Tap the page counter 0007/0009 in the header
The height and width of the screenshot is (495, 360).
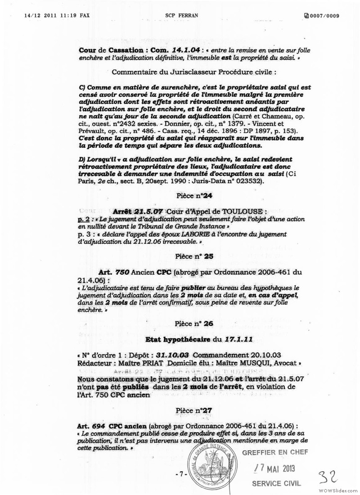point(322,16)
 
